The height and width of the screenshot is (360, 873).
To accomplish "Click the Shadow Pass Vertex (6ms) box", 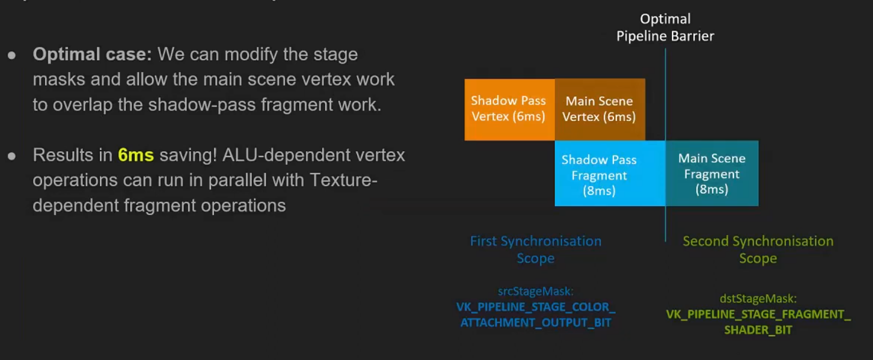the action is point(509,109).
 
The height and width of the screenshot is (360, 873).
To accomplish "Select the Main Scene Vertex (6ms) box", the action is point(600,109).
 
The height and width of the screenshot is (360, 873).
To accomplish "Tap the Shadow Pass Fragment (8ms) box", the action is point(610,173).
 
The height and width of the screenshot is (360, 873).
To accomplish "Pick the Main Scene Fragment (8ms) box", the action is point(712,173).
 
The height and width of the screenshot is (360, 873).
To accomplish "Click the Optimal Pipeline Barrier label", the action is point(665,27).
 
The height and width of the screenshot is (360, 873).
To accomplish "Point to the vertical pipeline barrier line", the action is point(665,144).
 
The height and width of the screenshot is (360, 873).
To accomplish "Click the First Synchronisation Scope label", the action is point(536,249).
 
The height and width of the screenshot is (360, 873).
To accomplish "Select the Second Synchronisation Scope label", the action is point(758,249).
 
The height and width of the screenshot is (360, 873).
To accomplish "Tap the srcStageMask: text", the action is point(536,291).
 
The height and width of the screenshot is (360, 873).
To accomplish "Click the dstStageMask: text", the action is point(758,298).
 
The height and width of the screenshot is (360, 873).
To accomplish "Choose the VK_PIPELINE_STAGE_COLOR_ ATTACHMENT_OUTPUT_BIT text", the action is point(536,315).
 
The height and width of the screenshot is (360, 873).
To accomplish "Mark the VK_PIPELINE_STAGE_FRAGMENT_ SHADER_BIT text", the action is point(758,322).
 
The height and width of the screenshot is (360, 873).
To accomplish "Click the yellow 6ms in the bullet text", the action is point(136,155).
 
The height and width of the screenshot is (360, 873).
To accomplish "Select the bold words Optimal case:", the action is point(92,54).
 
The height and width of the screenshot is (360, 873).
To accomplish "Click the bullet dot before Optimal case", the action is point(12,56).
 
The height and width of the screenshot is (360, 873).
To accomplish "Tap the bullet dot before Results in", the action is point(12,156).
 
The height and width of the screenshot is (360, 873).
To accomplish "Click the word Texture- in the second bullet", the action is point(343,180).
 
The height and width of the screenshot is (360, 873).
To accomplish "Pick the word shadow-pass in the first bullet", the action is point(202,105).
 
